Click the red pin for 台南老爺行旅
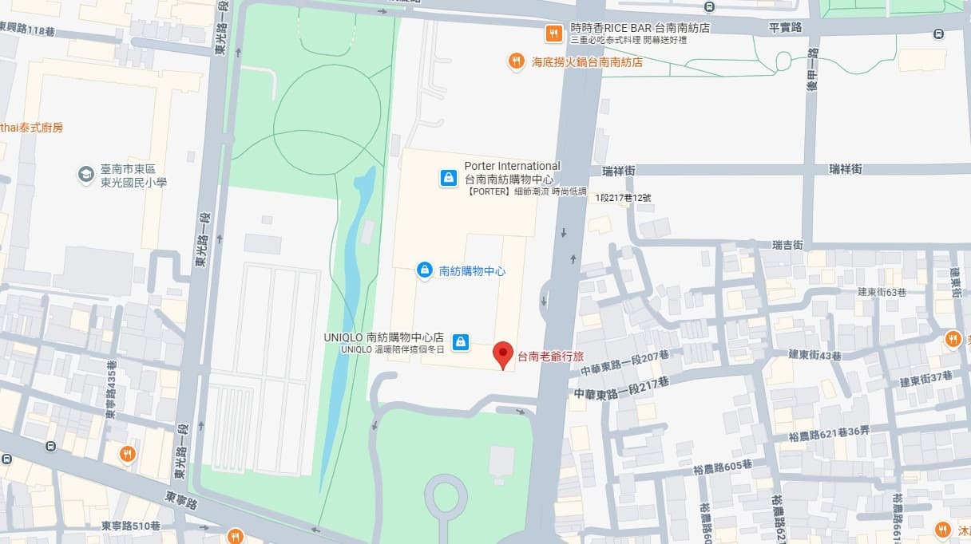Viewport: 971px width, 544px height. [x=502, y=353]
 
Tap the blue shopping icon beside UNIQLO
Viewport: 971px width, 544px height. [x=460, y=342]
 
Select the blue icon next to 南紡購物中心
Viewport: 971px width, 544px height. [x=425, y=270]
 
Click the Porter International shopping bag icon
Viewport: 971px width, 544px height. [x=449, y=178]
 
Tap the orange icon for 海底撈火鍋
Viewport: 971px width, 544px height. [x=517, y=61]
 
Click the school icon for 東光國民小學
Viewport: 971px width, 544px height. [x=85, y=175]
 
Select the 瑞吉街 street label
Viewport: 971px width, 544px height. [x=787, y=245]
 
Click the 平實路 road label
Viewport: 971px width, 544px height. [x=784, y=27]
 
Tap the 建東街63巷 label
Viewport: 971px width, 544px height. [x=882, y=292]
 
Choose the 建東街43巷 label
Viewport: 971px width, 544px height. [x=814, y=354]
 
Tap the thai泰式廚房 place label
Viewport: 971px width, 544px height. [x=32, y=128]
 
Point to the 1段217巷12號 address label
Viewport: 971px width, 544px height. [x=623, y=198]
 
